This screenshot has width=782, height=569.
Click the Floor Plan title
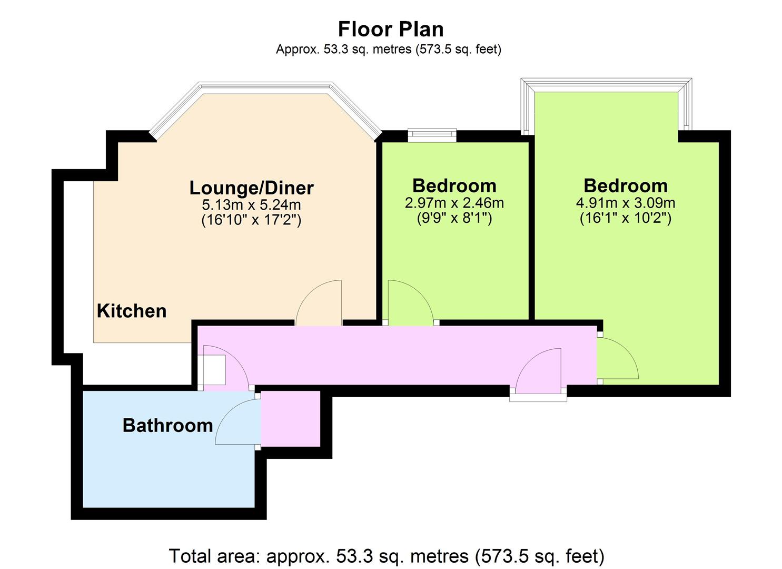coord(391,30)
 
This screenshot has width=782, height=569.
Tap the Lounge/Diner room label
coord(251,188)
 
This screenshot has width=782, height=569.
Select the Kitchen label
coord(132,311)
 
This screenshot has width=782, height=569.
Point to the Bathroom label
coord(167,426)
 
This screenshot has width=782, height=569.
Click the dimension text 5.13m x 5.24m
coord(251,204)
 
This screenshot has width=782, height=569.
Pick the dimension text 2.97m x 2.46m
coord(454,203)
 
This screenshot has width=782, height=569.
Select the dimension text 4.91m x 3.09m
coord(626,203)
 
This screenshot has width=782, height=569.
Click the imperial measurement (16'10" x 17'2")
coord(251,220)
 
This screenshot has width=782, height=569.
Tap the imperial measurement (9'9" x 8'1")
coord(454,218)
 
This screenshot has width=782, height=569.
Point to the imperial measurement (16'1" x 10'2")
coord(626,218)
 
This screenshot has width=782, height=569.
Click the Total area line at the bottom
coord(387,556)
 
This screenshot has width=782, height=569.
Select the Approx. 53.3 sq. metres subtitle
coord(389,49)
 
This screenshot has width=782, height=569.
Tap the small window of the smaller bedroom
coord(432,135)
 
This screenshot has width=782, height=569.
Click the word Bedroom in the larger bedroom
coord(626,186)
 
